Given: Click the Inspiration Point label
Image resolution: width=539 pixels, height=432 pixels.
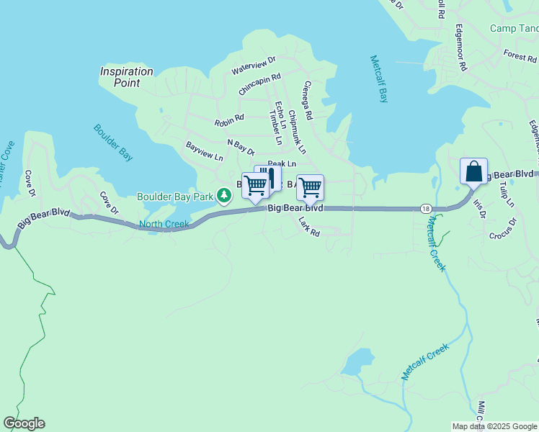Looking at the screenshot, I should pyautogui.click(x=127, y=77).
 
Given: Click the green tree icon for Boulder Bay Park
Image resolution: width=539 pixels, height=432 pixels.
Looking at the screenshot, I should pyautogui.click(x=224, y=195).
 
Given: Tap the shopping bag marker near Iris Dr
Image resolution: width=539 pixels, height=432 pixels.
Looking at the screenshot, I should pyautogui.click(x=473, y=172).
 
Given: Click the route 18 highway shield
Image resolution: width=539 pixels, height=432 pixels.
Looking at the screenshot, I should pyautogui.click(x=427, y=209).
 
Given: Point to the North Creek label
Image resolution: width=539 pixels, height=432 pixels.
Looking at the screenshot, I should pyautogui.click(x=164, y=224).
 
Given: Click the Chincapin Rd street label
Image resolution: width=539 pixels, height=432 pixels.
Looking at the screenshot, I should pyautogui.click(x=259, y=84).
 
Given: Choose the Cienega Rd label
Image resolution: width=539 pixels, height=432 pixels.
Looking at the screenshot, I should pyautogui.click(x=308, y=100).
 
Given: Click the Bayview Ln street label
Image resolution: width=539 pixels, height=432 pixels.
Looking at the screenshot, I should pyautogui.click(x=205, y=150).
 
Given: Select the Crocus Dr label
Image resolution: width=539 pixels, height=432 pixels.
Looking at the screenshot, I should pyautogui.click(x=503, y=228).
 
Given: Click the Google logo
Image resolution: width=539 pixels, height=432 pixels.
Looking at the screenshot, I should pyautogui.click(x=24, y=423).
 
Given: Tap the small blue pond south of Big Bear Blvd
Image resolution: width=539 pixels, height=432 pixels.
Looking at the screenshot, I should pyautogui.click(x=357, y=362).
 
